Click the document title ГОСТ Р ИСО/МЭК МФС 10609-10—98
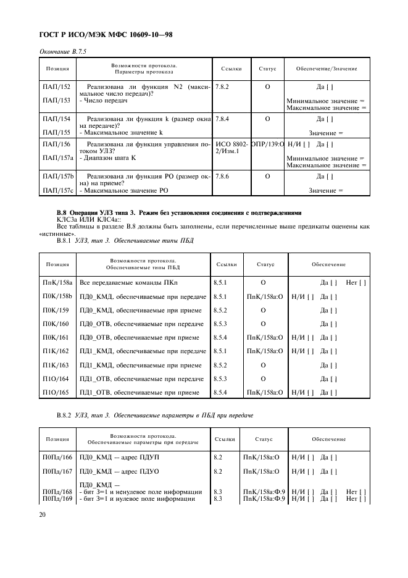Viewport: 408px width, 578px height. (105, 35)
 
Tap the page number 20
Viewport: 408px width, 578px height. (43, 513)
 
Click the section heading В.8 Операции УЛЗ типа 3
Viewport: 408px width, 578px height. (179, 213)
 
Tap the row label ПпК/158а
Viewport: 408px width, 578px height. (57, 282)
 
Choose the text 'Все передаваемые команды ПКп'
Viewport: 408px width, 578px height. (116, 282)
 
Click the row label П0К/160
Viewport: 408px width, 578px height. (56, 324)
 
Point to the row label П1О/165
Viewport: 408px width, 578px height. (56, 392)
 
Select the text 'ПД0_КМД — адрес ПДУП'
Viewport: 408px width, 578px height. (118, 458)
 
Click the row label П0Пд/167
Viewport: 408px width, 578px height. (57, 472)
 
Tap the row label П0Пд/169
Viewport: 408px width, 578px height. (57, 498)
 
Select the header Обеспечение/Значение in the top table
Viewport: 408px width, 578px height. (327, 68)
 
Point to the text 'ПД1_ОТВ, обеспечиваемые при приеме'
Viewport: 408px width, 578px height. (139, 392)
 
